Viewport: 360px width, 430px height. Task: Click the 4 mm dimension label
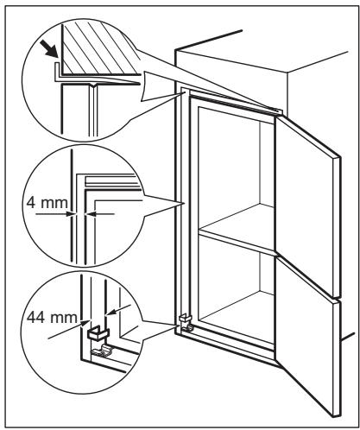[47, 203]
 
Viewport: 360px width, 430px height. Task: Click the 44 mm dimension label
[52, 318]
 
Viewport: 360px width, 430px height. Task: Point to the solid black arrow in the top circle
[49, 48]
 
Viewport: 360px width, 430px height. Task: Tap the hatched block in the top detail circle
[98, 49]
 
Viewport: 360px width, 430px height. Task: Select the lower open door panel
[308, 337]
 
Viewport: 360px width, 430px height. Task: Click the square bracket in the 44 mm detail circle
[98, 332]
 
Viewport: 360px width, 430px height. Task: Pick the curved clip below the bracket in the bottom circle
[101, 350]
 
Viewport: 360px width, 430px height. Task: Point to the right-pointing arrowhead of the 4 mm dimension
[70, 214]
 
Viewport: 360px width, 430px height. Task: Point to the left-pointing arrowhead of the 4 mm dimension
[91, 214]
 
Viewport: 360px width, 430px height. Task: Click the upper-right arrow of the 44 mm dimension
[119, 310]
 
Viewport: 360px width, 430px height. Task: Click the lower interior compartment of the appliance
[236, 291]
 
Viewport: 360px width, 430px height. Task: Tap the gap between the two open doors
[308, 277]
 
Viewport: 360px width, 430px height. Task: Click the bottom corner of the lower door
[334, 417]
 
